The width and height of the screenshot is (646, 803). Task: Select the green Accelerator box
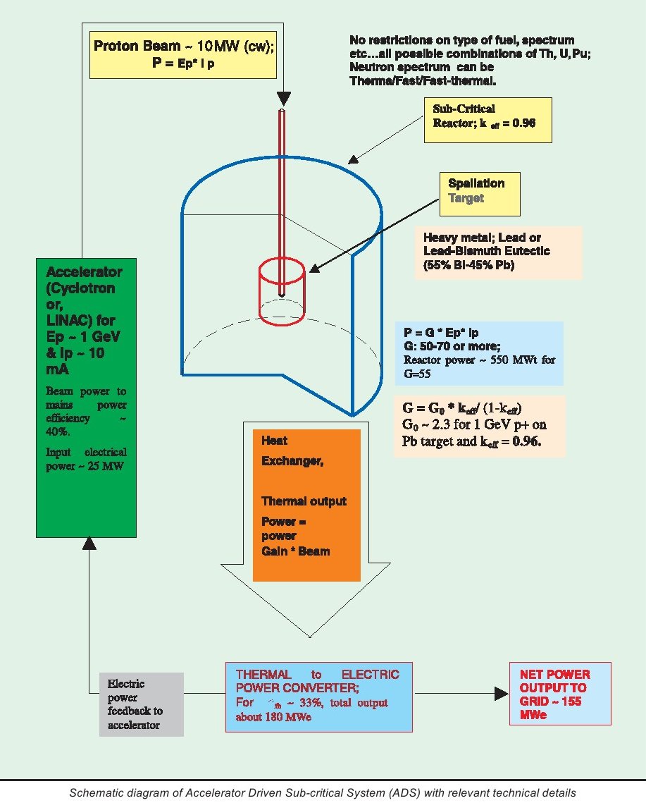click(82, 398)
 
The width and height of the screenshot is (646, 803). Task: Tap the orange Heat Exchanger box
click(306, 503)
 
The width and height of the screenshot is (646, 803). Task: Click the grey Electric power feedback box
click(141, 704)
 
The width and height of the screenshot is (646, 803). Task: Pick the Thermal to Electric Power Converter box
click(318, 696)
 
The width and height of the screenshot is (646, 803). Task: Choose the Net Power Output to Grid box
click(560, 694)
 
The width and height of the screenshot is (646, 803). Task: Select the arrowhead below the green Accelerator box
click(88, 542)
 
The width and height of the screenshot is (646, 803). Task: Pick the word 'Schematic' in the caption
click(94, 792)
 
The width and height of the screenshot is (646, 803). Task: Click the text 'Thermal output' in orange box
click(304, 501)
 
